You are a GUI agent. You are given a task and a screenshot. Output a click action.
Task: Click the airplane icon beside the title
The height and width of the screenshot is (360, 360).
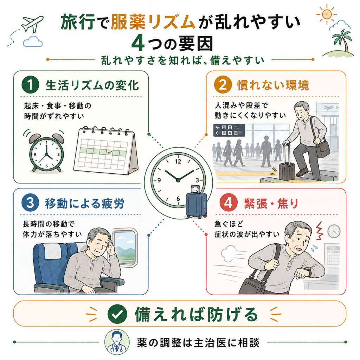(32, 24)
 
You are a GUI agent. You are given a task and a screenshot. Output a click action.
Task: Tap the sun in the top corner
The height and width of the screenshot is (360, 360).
(327, 14)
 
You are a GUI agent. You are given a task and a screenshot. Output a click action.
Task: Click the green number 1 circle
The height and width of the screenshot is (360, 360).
(30, 85)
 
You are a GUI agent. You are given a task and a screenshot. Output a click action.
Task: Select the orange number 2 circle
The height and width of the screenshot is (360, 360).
(223, 85)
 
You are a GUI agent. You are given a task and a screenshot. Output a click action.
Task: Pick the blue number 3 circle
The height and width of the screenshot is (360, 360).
(30, 203)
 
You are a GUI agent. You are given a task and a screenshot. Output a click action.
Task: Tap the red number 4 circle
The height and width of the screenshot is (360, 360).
(228, 203)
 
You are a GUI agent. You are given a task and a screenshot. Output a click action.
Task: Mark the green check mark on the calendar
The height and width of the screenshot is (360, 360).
(110, 152)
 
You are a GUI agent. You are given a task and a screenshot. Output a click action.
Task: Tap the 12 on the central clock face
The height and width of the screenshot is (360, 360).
(178, 162)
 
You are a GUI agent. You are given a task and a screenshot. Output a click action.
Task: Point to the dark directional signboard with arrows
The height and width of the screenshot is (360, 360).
(229, 130)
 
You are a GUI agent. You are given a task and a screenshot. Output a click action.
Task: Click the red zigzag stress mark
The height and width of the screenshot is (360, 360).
(319, 231)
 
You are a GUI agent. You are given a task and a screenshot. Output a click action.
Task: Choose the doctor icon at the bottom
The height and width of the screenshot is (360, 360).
(117, 342)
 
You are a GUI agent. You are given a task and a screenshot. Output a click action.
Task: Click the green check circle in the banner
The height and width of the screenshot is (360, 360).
(117, 314)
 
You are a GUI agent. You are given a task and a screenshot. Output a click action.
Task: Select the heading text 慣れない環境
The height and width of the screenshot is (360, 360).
(273, 85)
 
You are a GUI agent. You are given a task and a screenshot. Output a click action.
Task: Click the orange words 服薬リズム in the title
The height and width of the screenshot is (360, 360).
(153, 22)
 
